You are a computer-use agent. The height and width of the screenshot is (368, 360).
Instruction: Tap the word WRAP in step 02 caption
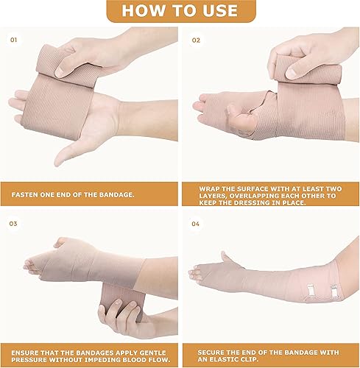coord(211,188)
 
